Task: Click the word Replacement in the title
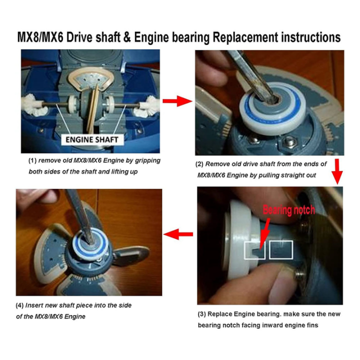249,37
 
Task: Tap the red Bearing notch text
288,210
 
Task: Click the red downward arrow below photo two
337,172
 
